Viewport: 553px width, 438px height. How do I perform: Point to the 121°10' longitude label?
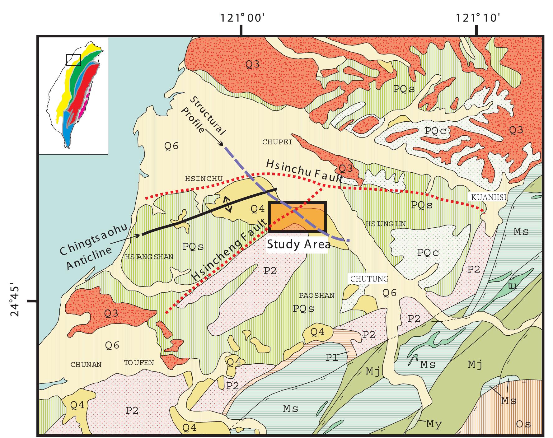point(478,18)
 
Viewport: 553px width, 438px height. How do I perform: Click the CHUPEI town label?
point(277,142)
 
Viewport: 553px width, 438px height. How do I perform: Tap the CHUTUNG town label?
point(369,279)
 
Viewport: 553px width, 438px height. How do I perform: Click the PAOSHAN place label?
point(317,295)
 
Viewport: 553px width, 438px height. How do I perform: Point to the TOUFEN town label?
point(139,363)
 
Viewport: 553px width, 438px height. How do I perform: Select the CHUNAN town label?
point(86,365)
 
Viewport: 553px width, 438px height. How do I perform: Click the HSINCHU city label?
point(204,179)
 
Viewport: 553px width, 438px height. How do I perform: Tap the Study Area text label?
point(299,244)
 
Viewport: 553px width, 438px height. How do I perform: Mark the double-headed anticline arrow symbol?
point(229,204)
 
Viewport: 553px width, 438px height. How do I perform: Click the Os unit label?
point(523,424)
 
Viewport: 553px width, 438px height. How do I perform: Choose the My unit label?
point(434,424)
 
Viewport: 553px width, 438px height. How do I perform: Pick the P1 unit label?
point(332,357)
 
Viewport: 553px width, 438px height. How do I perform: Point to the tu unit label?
point(512,286)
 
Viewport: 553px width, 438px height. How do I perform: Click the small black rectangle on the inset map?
point(74,60)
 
